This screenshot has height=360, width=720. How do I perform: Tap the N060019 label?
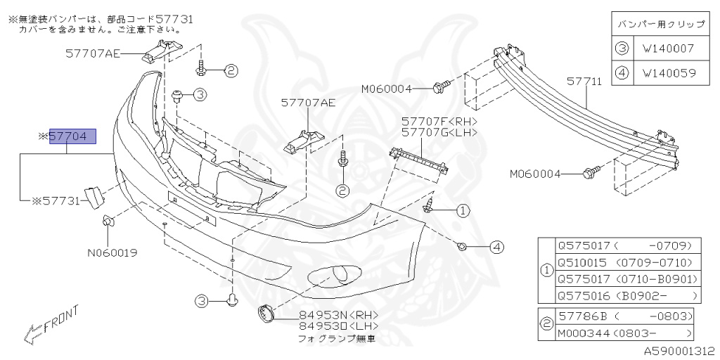coord(112,252)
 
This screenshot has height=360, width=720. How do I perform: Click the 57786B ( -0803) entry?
coord(625,316)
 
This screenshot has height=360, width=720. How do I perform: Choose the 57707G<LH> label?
coord(439,132)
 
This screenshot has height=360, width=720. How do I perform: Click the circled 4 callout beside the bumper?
coord(498,247)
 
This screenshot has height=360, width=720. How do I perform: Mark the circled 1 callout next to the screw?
coord(463,210)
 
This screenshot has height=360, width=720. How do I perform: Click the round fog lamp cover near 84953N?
coord(266,313)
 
